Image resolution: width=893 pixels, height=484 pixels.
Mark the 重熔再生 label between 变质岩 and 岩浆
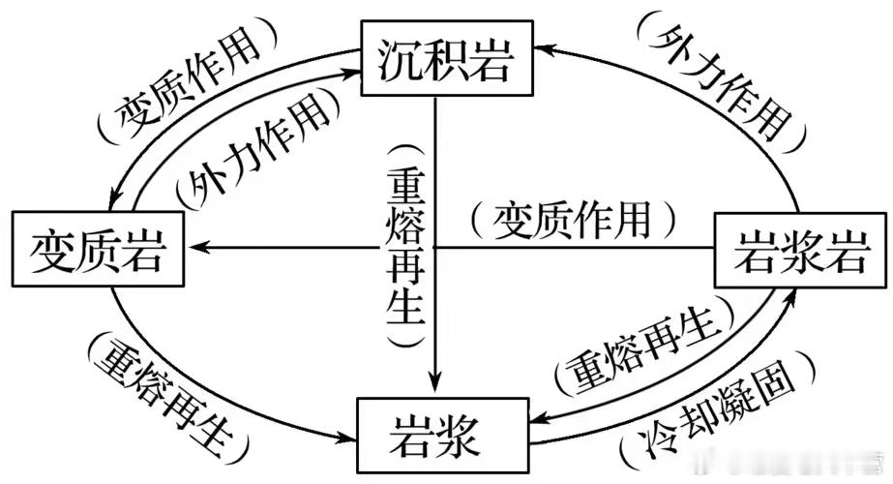[x=170, y=397]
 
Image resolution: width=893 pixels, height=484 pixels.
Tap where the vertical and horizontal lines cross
[x=436, y=248]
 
